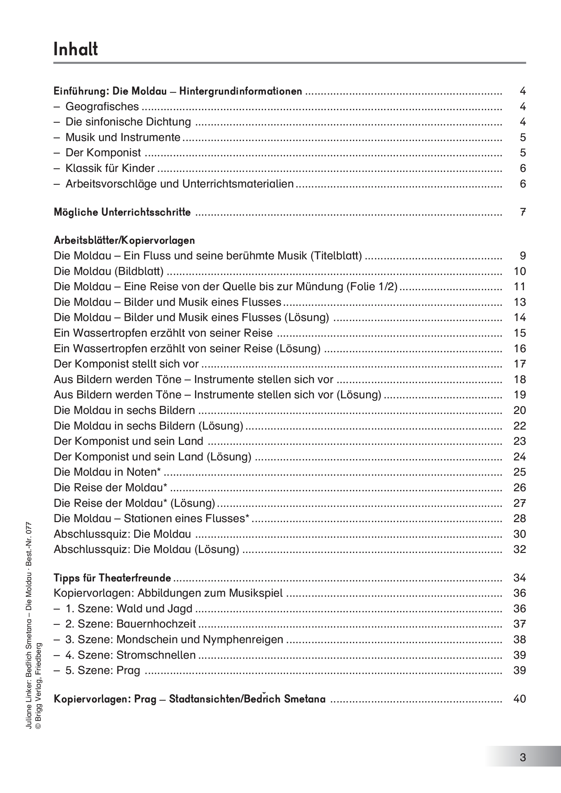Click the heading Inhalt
coord(76,49)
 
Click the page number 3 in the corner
coord(523,757)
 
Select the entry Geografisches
coord(102,107)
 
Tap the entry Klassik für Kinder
coord(110,168)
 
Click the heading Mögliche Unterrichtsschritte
coord(122,212)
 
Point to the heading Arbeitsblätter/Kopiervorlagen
coord(124,240)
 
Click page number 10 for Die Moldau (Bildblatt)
coord(520,272)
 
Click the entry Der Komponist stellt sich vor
coord(126,364)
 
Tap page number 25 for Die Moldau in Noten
coord(520,472)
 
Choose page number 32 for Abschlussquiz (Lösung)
coord(520,550)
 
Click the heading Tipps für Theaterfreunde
coord(112,578)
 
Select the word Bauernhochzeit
coord(156,624)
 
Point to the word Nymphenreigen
coord(243,640)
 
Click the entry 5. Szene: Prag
coord(102,670)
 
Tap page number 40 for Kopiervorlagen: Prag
coord(520,699)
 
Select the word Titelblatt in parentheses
coord(336,256)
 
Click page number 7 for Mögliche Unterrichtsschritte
coord(523,212)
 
